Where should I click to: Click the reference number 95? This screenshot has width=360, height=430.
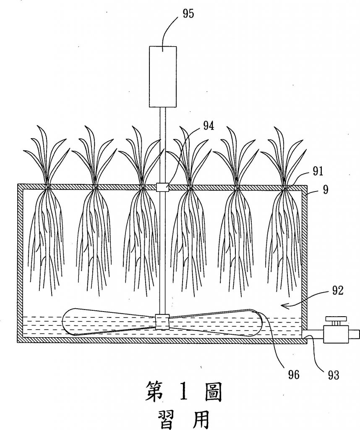pyautogui.click(x=188, y=14)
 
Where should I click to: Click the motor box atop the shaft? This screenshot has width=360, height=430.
pyautogui.click(x=163, y=76)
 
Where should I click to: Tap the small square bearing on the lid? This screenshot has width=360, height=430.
pyautogui.click(x=163, y=187)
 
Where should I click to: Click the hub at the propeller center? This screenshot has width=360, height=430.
pyautogui.click(x=162, y=321)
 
